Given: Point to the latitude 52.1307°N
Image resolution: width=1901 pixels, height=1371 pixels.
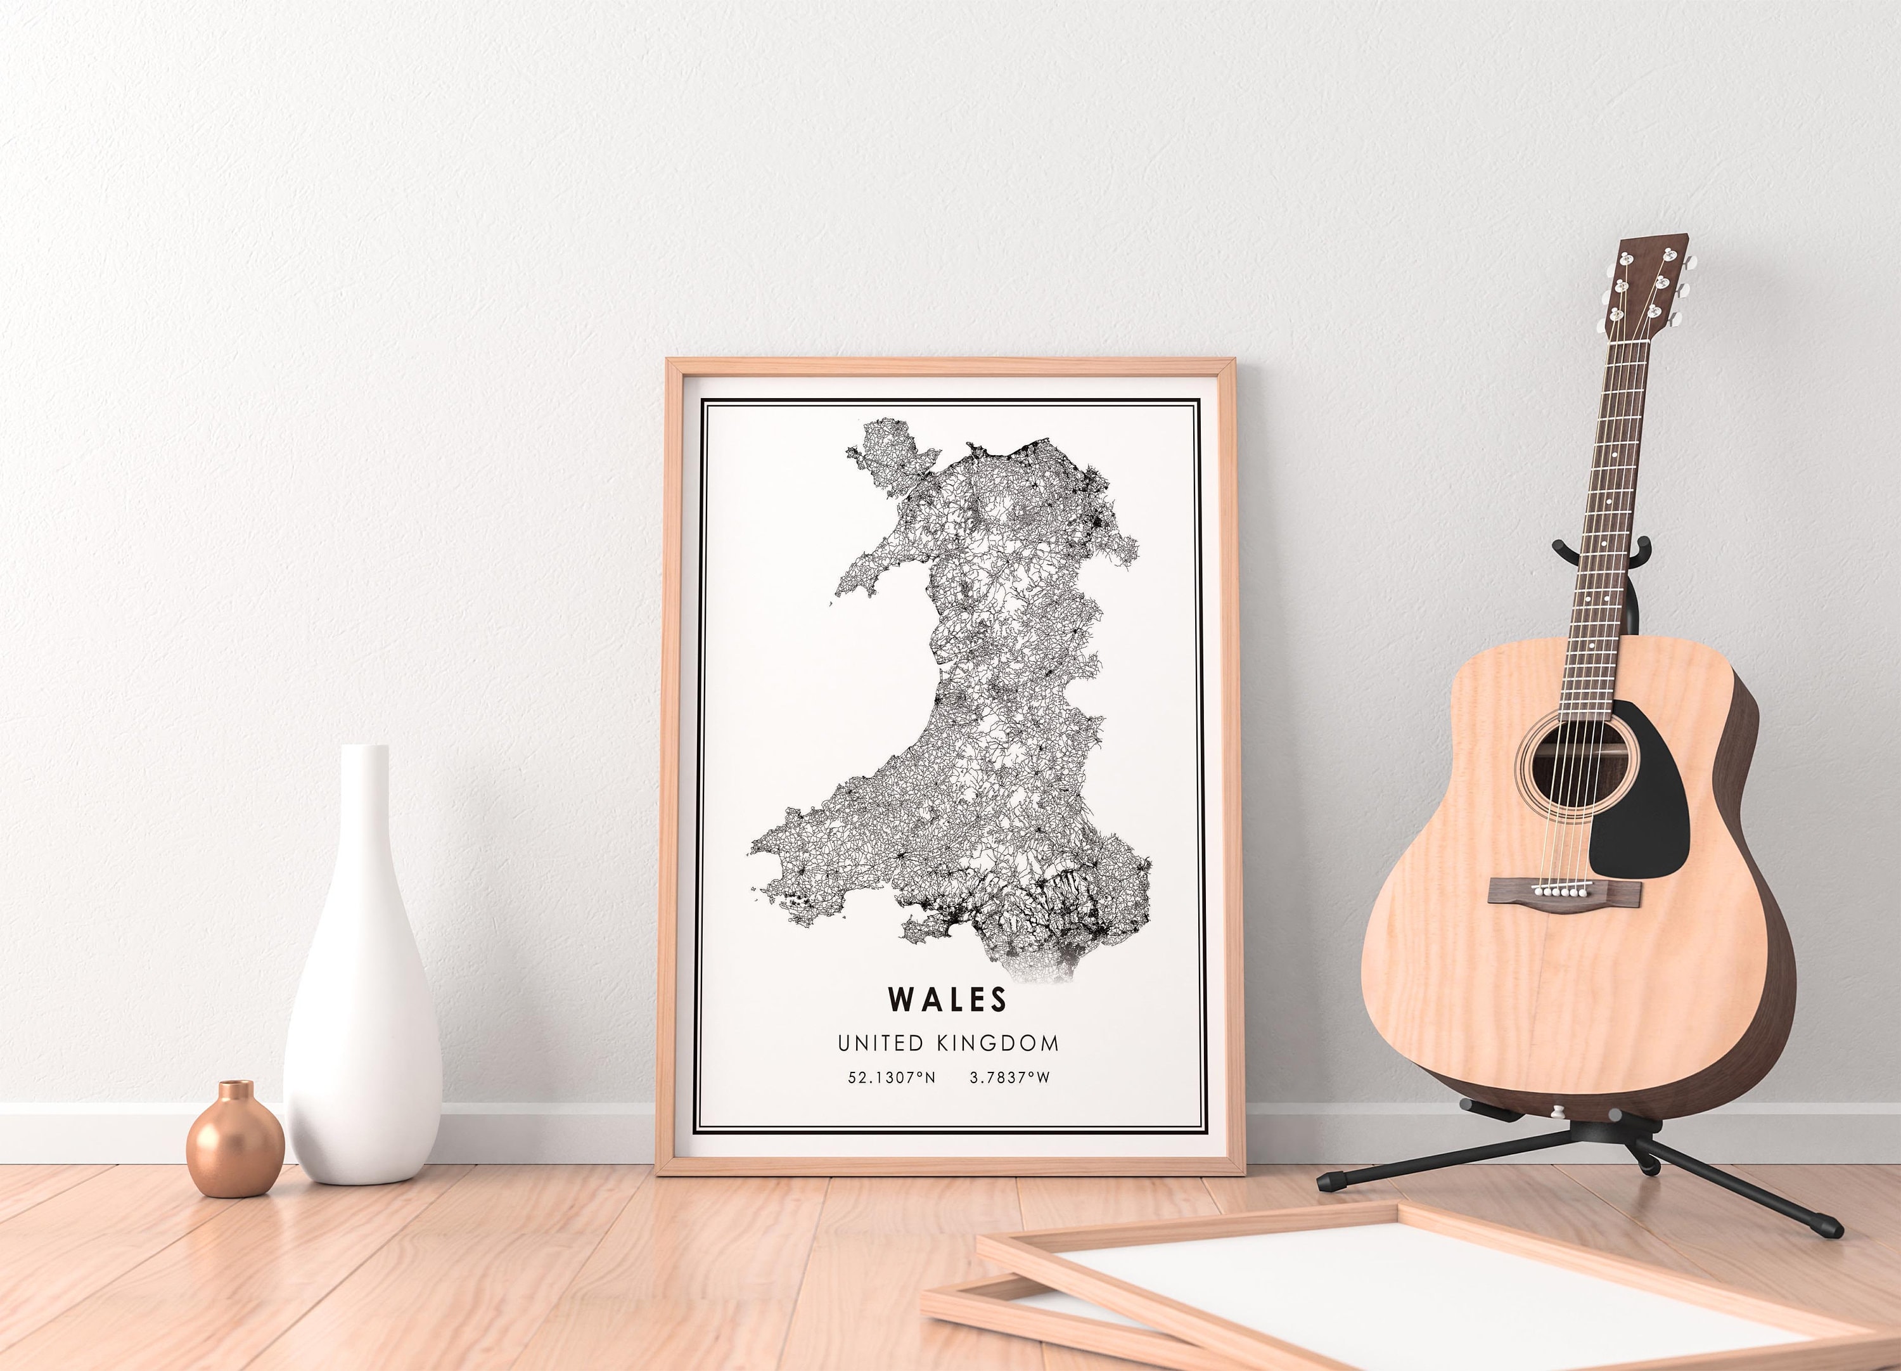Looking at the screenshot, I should pyautogui.click(x=891, y=1078).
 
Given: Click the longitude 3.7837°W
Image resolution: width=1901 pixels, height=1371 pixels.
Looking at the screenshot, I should pyautogui.click(x=1009, y=1078).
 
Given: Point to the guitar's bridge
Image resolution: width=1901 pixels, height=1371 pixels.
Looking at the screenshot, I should pyautogui.click(x=1563, y=891).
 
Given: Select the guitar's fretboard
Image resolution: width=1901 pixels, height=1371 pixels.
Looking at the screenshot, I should pyautogui.click(x=1597, y=520).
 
